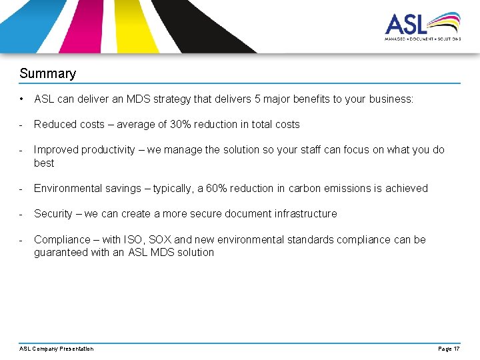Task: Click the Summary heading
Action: tap(47, 73)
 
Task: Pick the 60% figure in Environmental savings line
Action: tap(217, 188)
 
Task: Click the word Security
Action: tap(54, 213)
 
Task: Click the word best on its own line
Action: tap(44, 163)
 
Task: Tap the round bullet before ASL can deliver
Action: tap(22, 99)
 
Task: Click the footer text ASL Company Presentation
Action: tap(57, 349)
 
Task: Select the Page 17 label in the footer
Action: tap(448, 349)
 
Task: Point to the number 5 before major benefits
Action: tap(257, 99)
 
